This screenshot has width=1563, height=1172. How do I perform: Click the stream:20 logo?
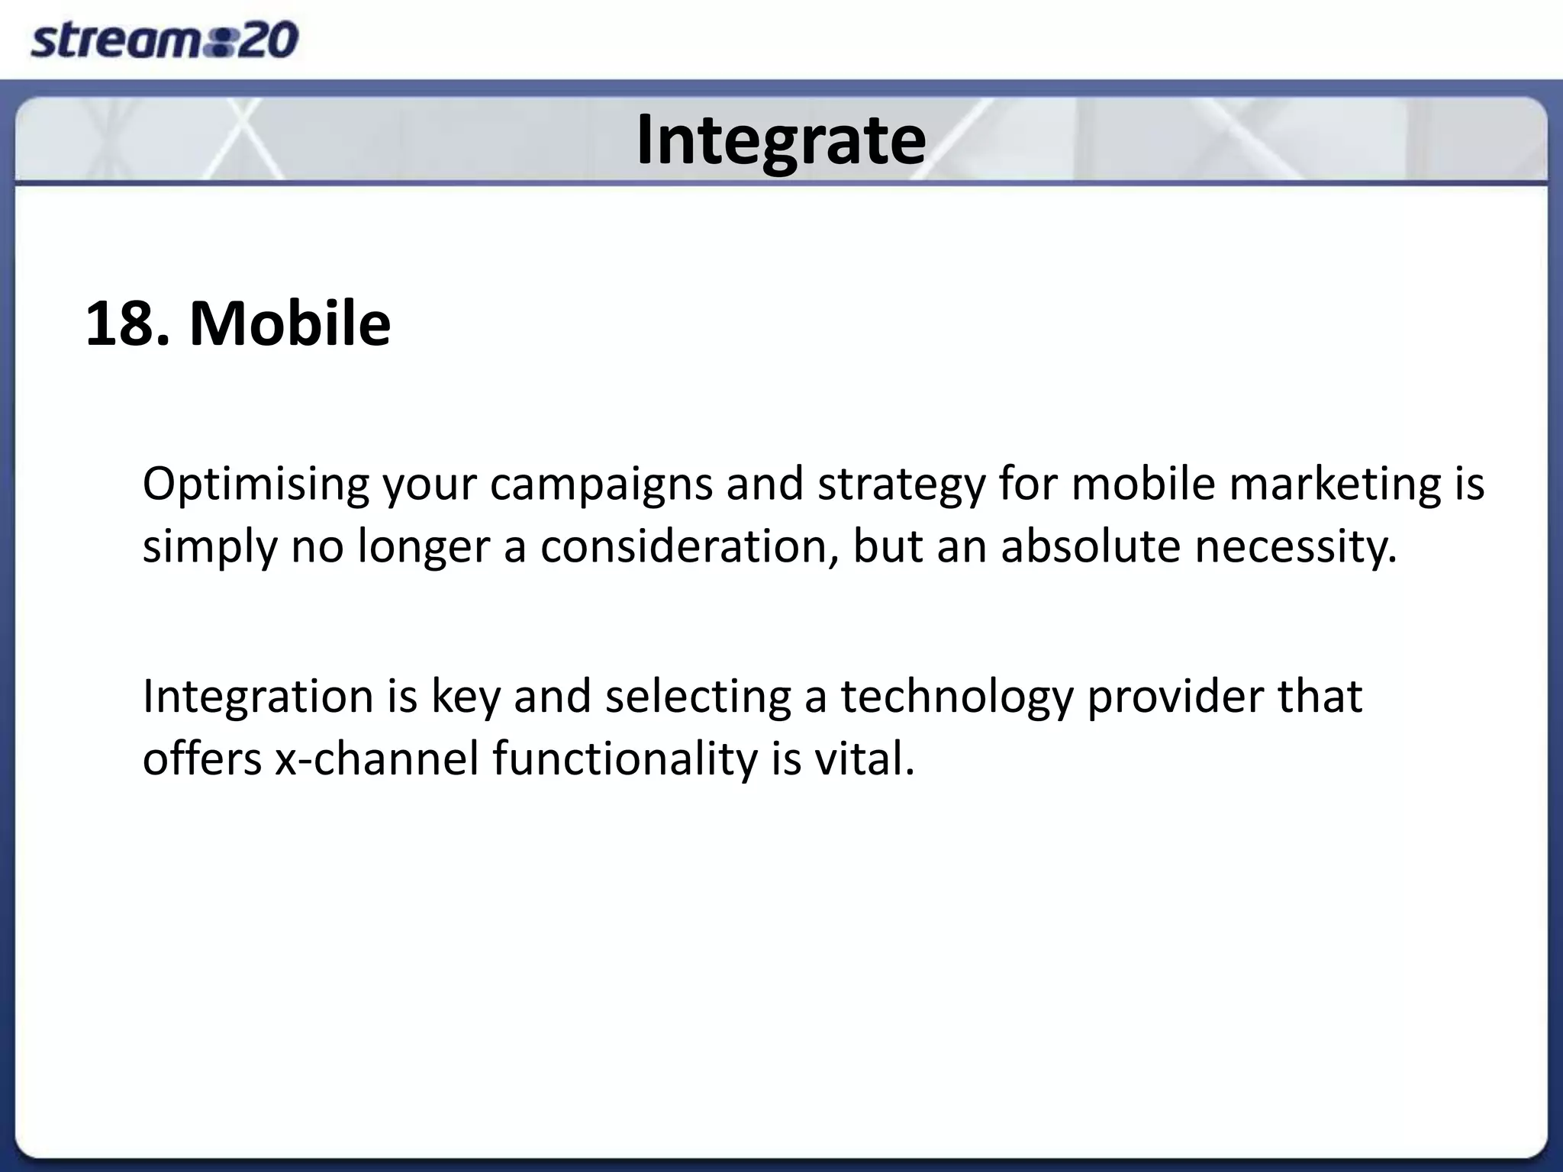point(164,40)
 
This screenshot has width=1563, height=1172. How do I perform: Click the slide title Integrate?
point(781,140)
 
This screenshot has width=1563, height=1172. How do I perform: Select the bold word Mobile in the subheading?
point(290,324)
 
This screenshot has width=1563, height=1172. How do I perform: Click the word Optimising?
point(256,485)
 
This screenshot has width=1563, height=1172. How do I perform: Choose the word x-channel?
point(377,760)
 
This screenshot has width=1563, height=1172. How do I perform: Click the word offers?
point(202,760)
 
